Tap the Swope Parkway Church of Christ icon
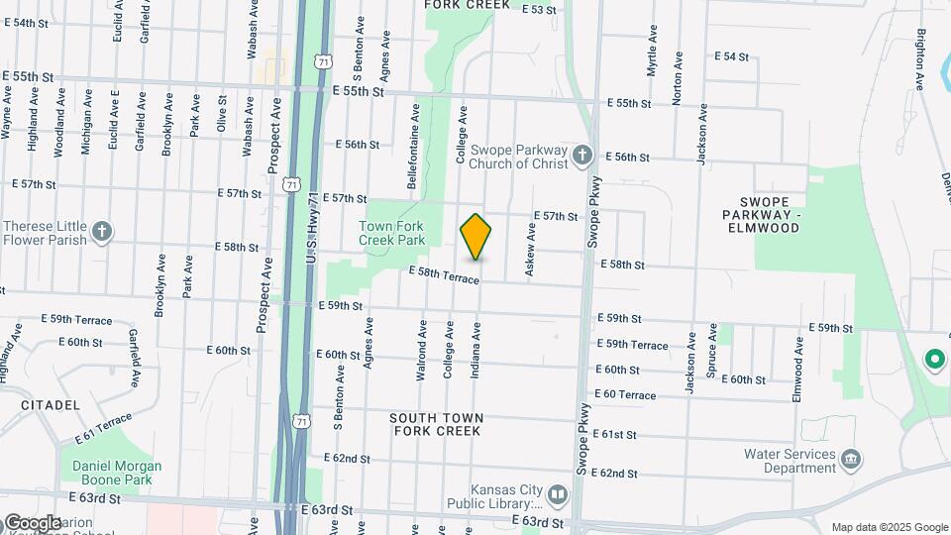pyautogui.click(x=582, y=156)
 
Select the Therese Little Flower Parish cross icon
pyautogui.click(x=101, y=233)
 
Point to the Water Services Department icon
pyautogui.click(x=850, y=460)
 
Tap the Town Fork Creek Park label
pyautogui.click(x=391, y=234)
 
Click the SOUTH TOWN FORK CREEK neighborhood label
pyautogui.click(x=436, y=424)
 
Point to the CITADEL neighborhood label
pyautogui.click(x=50, y=405)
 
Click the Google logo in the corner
pyautogui.click(x=32, y=522)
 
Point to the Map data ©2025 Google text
pyautogui.click(x=889, y=527)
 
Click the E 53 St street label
pyautogui.click(x=539, y=10)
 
